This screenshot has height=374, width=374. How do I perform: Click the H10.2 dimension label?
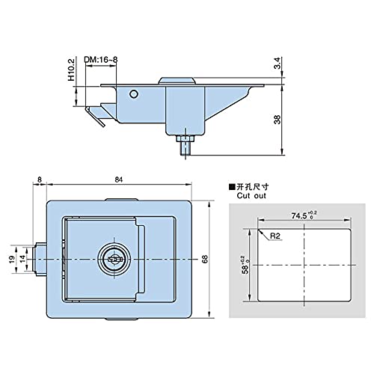72,70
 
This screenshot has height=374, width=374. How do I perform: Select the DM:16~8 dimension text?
101,60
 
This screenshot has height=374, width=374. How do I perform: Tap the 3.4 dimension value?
278,63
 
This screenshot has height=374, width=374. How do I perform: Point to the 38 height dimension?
278,120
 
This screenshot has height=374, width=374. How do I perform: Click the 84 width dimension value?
119,180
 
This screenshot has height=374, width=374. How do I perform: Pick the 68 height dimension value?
205,260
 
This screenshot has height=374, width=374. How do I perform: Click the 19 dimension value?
11,260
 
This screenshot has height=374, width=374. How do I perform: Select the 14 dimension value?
22,259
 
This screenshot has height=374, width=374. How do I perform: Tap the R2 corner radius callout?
275,236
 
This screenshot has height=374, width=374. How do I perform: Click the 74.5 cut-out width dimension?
304,215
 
